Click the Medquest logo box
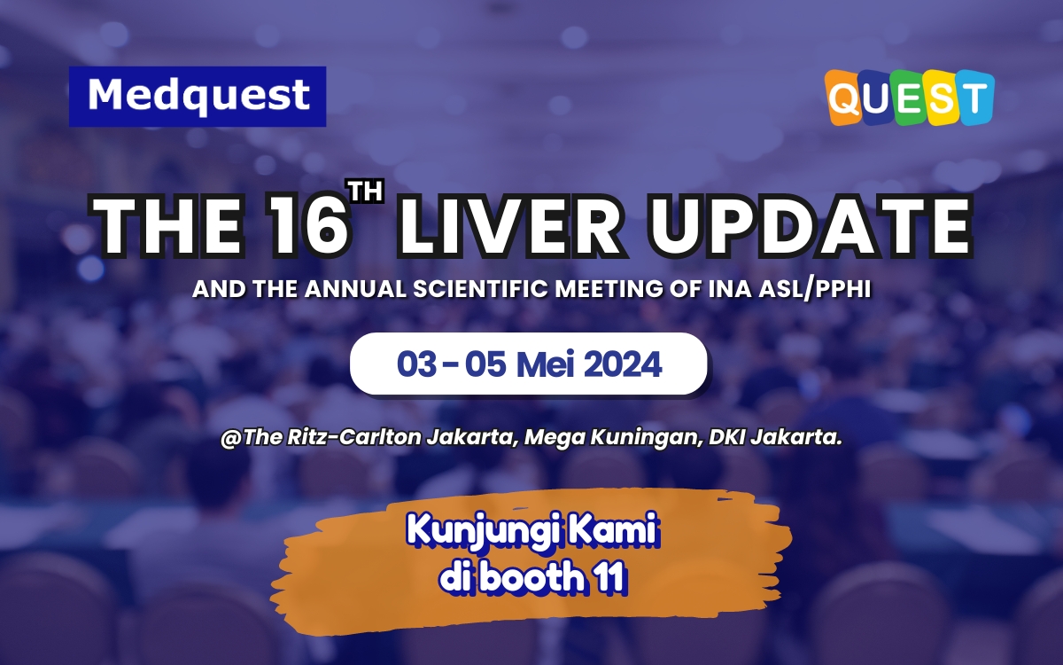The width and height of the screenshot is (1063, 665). click(198, 96)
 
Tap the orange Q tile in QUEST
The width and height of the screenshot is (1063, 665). click(844, 99)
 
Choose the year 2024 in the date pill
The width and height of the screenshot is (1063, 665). click(625, 364)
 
